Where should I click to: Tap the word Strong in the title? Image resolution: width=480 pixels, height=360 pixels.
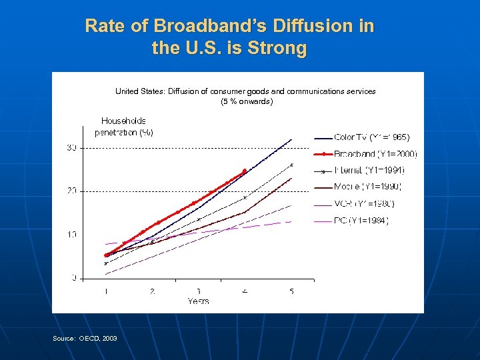[280, 49]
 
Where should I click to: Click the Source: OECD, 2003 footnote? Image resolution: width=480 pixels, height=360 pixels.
[85, 339]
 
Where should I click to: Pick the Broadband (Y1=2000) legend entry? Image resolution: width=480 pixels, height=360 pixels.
[375, 154]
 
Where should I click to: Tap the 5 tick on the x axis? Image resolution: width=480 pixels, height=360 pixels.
[291, 291]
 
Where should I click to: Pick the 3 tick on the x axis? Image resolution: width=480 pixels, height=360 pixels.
[199, 291]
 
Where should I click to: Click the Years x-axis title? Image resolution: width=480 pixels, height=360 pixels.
[198, 301]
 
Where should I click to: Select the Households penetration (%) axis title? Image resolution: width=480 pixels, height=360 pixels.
[124, 127]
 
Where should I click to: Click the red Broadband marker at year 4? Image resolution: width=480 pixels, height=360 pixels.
[245, 171]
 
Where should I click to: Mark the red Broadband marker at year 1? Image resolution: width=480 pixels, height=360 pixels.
[106, 255]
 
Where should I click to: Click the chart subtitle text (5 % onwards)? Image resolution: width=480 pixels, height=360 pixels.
[247, 102]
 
